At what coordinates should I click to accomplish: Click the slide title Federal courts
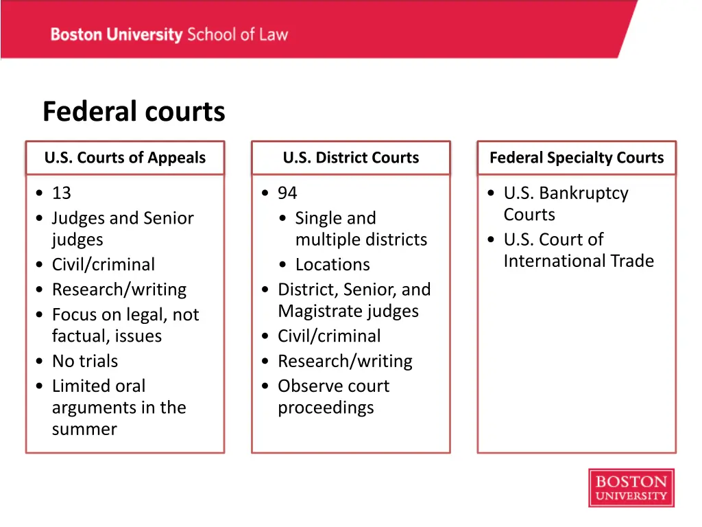(x=134, y=112)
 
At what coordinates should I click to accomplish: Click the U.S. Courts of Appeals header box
(x=125, y=158)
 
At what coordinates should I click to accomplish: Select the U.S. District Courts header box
(x=350, y=158)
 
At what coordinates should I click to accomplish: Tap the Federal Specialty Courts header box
(x=577, y=158)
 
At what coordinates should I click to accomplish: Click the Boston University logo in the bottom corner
(x=631, y=488)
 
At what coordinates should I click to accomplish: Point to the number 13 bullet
(x=61, y=194)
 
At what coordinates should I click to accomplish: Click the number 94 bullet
(x=287, y=194)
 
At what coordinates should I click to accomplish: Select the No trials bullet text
(x=85, y=361)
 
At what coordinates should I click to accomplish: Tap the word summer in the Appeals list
(x=84, y=430)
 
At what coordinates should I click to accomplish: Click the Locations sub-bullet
(x=332, y=265)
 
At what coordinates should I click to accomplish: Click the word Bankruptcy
(x=584, y=194)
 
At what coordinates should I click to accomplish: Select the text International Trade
(x=579, y=261)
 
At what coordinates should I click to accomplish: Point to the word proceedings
(x=326, y=408)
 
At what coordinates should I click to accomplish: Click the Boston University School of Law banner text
(x=169, y=34)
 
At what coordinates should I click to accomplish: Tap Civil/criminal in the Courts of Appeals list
(x=104, y=265)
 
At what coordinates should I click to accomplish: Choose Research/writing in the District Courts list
(x=345, y=361)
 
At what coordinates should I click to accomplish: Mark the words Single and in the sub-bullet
(x=335, y=218)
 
